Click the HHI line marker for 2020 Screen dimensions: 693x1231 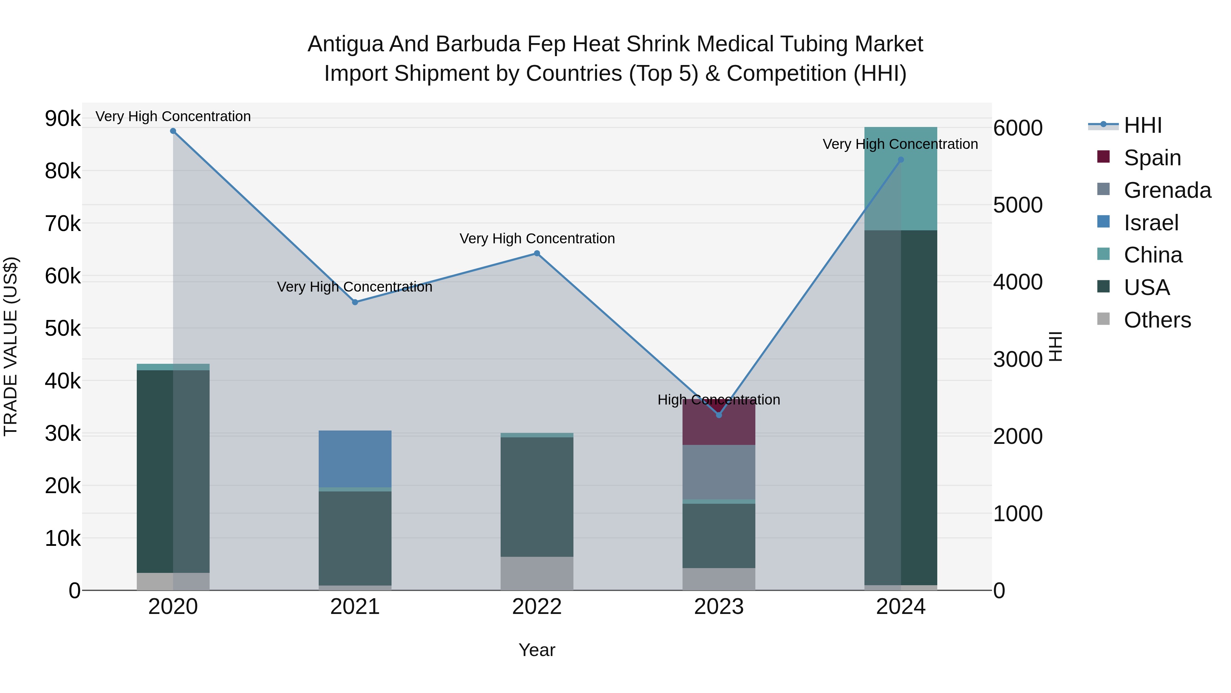(x=173, y=131)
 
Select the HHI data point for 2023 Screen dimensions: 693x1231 (x=719, y=415)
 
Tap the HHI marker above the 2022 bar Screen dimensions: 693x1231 (x=537, y=254)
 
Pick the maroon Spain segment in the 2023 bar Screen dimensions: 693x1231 (x=719, y=428)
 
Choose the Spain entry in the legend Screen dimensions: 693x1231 (x=1152, y=158)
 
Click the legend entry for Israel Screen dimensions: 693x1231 (x=1151, y=223)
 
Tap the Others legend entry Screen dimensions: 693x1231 (x=1156, y=320)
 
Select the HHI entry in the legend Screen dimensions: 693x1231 (x=1142, y=125)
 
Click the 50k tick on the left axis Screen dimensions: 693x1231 (x=63, y=329)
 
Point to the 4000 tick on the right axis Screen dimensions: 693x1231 (x=1017, y=282)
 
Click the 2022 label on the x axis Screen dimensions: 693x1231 (x=537, y=607)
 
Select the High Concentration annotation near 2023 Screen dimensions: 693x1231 (x=719, y=400)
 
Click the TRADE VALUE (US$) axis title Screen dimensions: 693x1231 (x=11, y=346)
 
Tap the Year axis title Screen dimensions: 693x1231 (x=537, y=650)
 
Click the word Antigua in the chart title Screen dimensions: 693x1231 (x=345, y=44)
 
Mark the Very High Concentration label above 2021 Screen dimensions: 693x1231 (x=355, y=287)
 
